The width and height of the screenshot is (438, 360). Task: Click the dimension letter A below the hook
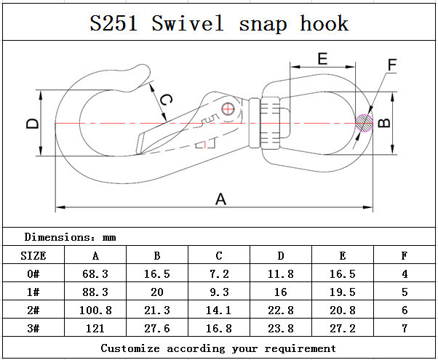pos(220,199)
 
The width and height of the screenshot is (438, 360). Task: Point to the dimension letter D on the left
pos(33,124)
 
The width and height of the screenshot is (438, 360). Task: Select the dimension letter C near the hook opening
pos(166,100)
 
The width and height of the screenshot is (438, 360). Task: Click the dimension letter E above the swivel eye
pos(322,58)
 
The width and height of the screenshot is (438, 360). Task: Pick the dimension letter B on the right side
pos(386,122)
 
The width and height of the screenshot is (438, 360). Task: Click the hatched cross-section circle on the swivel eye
pos(363,122)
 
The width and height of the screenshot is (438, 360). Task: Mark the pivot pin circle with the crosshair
pos(229,109)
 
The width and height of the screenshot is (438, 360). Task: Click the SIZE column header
pos(32,255)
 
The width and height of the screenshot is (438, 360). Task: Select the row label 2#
pos(32,311)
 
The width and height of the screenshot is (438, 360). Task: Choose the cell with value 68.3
pos(95,274)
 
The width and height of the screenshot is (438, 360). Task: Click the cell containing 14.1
pos(219,311)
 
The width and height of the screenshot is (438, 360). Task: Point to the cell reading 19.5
pos(343,292)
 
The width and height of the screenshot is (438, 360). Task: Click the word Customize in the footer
pos(131,348)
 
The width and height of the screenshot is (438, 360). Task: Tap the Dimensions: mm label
pos(70,237)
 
